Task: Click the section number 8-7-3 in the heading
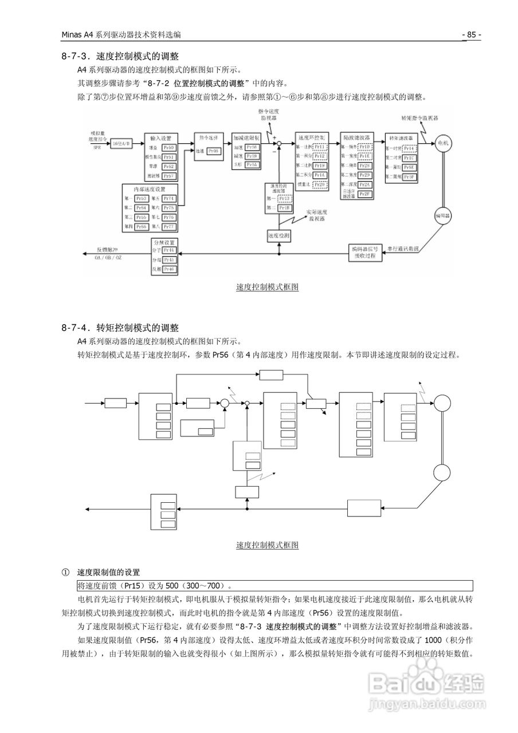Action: click(75, 57)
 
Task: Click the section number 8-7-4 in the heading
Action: click(75, 328)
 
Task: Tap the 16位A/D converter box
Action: click(120, 144)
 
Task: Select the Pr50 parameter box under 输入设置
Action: click(168, 148)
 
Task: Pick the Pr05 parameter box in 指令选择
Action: click(213, 151)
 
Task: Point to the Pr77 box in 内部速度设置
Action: click(168, 227)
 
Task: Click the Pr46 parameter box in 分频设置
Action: click(168, 269)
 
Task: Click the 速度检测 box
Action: click(278, 235)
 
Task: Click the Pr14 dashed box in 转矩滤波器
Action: click(409, 148)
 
